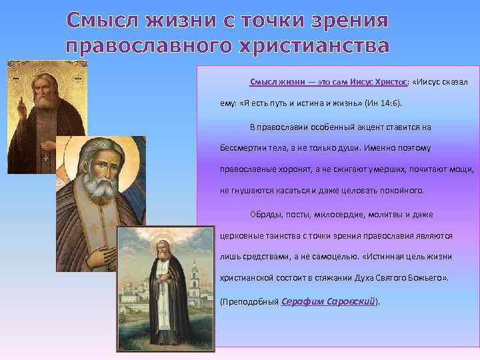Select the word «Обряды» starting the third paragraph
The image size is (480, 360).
click(265, 215)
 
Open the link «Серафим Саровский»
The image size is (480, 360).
click(329, 301)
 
